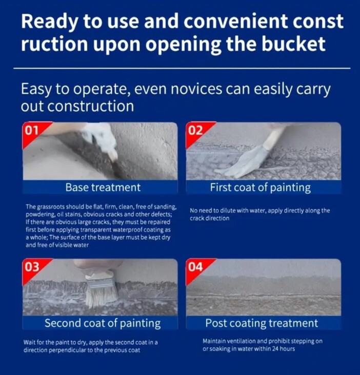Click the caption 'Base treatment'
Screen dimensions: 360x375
(103, 187)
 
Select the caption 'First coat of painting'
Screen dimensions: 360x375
(261, 187)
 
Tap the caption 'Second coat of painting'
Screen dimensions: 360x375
(103, 323)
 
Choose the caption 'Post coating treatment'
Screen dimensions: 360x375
(262, 323)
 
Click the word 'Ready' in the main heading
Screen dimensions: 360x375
(50, 22)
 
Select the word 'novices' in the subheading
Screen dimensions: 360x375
(196, 89)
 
